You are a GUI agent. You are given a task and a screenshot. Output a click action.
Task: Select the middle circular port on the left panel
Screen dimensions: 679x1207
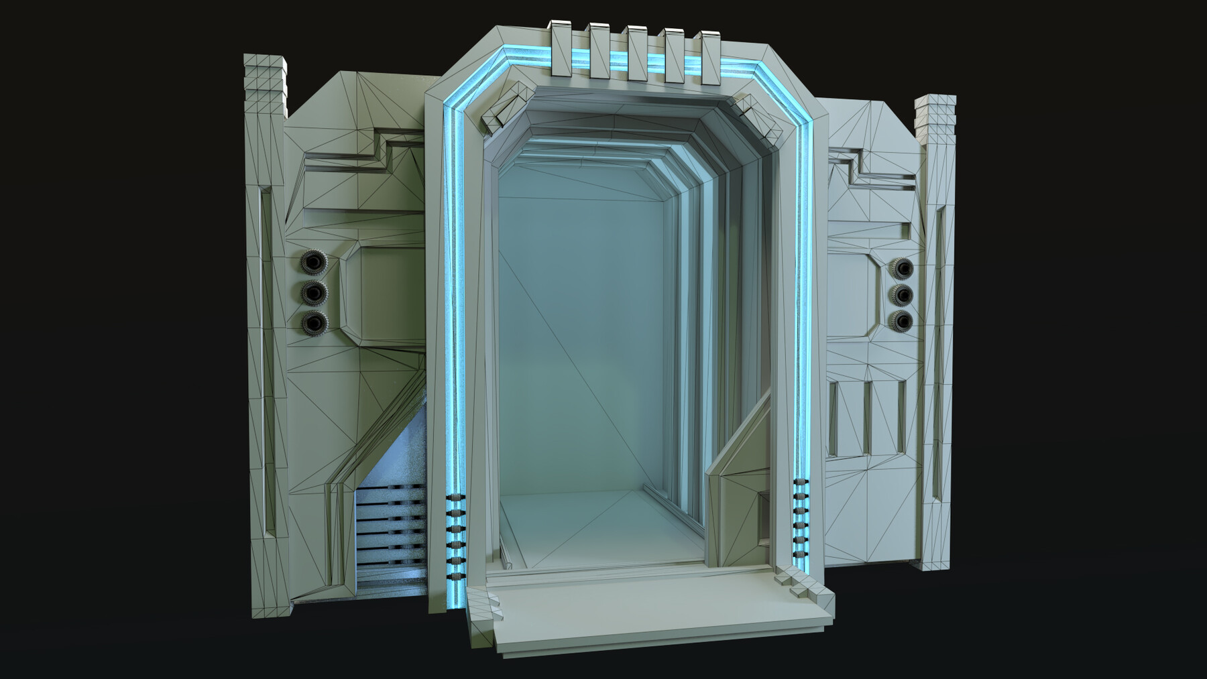[313, 292]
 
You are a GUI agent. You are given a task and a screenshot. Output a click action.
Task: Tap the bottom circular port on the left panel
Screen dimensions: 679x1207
[313, 323]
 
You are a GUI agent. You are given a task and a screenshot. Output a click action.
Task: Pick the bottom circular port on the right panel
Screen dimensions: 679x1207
[903, 321]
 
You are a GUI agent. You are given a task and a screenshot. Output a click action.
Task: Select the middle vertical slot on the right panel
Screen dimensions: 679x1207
[866, 416]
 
